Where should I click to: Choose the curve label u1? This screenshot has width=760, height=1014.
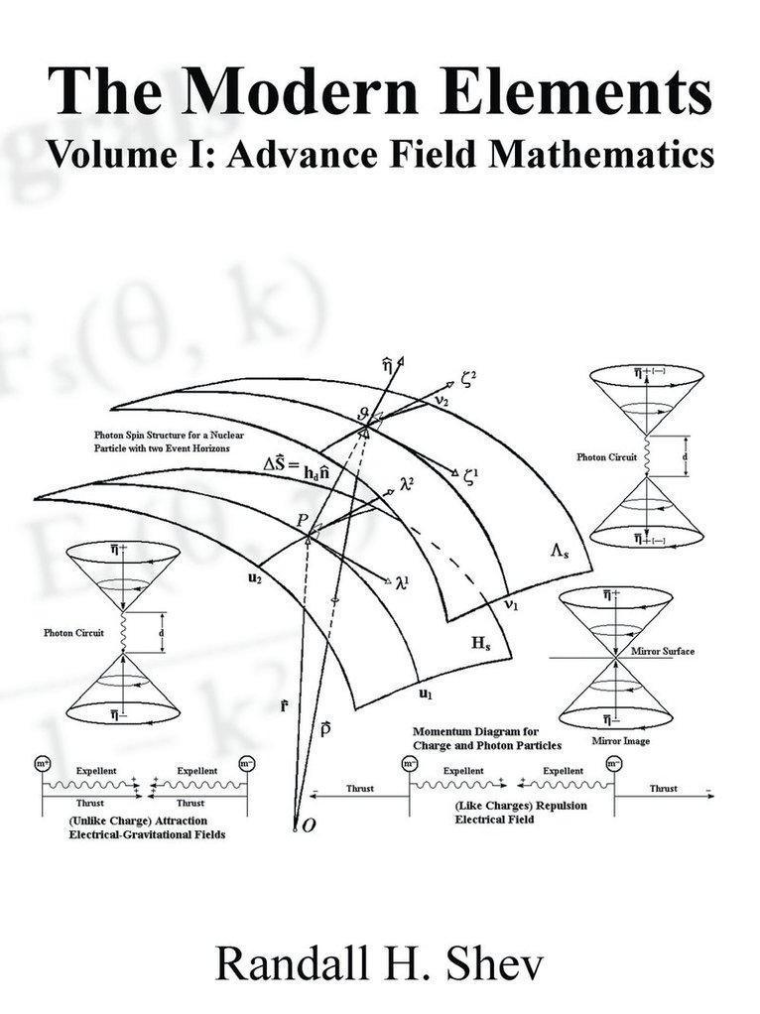pos(424,693)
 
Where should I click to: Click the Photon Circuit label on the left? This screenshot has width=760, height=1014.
pos(73,632)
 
